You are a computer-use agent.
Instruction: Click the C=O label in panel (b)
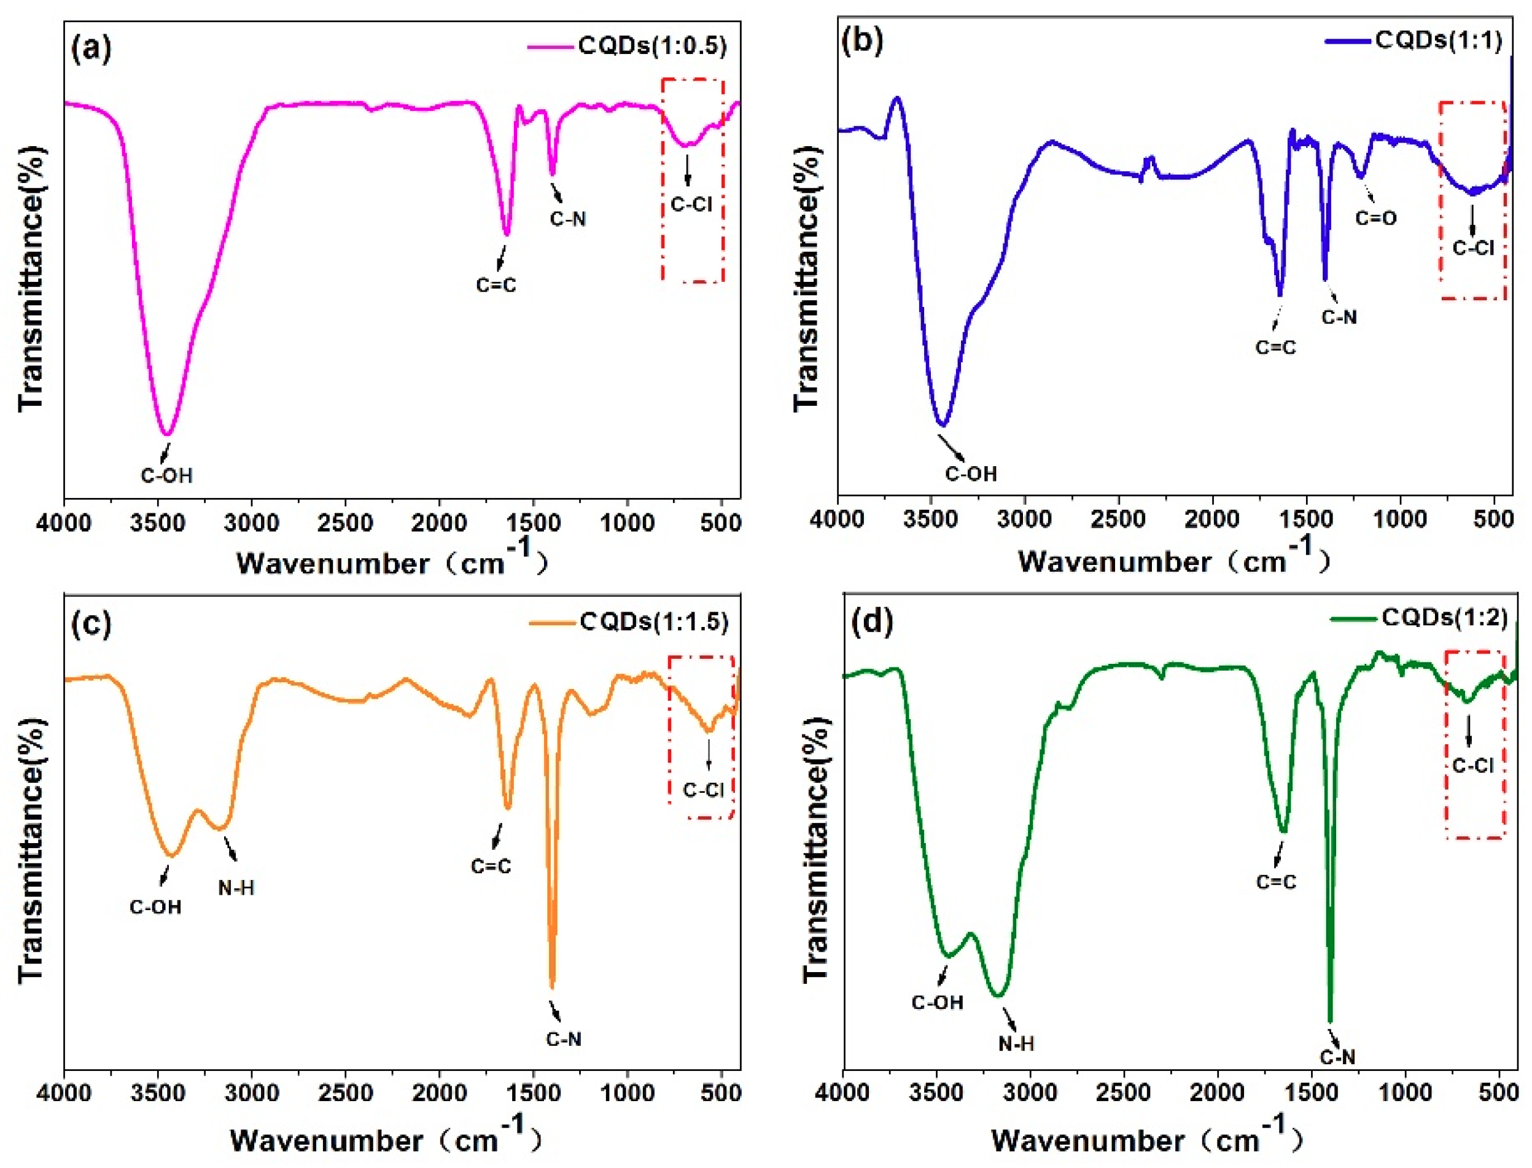click(x=1375, y=218)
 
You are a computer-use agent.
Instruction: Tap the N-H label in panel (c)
click(x=236, y=888)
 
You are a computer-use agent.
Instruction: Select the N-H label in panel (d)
click(x=1016, y=1043)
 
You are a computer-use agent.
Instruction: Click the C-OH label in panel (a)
click(x=167, y=475)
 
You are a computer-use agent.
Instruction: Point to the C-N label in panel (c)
click(x=564, y=1040)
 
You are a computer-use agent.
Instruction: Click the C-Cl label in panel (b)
click(x=1473, y=248)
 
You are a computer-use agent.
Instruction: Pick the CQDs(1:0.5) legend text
click(x=653, y=46)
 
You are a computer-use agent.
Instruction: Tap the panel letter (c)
click(x=91, y=624)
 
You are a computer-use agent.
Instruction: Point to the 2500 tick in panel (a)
click(x=346, y=523)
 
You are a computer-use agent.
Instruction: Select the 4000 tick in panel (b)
click(x=838, y=520)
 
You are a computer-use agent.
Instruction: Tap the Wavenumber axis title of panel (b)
click(x=1174, y=561)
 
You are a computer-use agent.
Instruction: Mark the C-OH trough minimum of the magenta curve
click(x=167, y=435)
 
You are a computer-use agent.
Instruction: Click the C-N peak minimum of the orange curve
click(x=553, y=987)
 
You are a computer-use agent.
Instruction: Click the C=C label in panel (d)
click(x=1276, y=882)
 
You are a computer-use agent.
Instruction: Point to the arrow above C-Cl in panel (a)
click(x=688, y=170)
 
